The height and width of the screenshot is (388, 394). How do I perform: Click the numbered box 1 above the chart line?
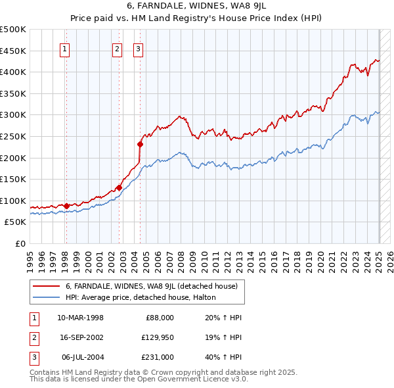[66, 48]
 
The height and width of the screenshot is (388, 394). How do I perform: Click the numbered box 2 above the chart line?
[117, 48]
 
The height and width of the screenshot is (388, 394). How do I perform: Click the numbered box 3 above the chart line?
[139, 48]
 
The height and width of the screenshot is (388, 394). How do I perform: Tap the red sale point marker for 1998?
[66, 206]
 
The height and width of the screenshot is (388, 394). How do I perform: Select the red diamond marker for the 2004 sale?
[140, 144]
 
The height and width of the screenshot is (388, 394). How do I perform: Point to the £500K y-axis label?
[13, 30]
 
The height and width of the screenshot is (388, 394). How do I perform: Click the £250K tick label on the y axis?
[13, 136]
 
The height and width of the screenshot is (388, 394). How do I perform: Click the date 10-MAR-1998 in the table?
[80, 318]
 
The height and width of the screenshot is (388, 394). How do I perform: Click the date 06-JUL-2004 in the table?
[80, 357]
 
